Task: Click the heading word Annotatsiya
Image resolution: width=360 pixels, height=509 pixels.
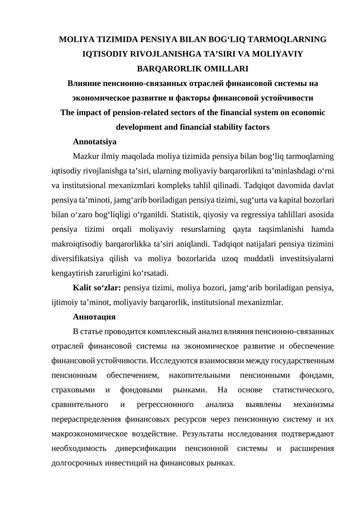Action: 94,142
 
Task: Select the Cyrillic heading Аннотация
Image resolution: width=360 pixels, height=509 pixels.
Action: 94,317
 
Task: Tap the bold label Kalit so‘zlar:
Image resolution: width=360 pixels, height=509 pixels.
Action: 97,288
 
